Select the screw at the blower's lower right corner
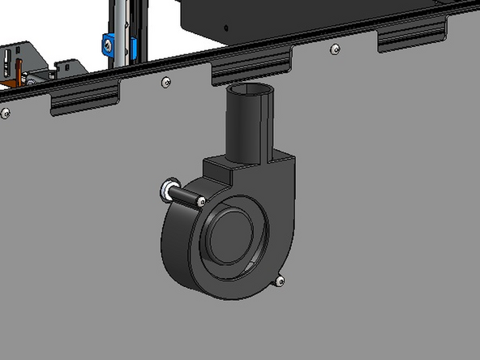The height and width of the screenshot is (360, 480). pyautogui.click(x=280, y=281)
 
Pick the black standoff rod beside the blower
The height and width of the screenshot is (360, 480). pyautogui.click(x=182, y=194)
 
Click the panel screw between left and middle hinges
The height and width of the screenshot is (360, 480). pyautogui.click(x=165, y=82)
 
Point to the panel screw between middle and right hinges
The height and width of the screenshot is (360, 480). pyautogui.click(x=335, y=49)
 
